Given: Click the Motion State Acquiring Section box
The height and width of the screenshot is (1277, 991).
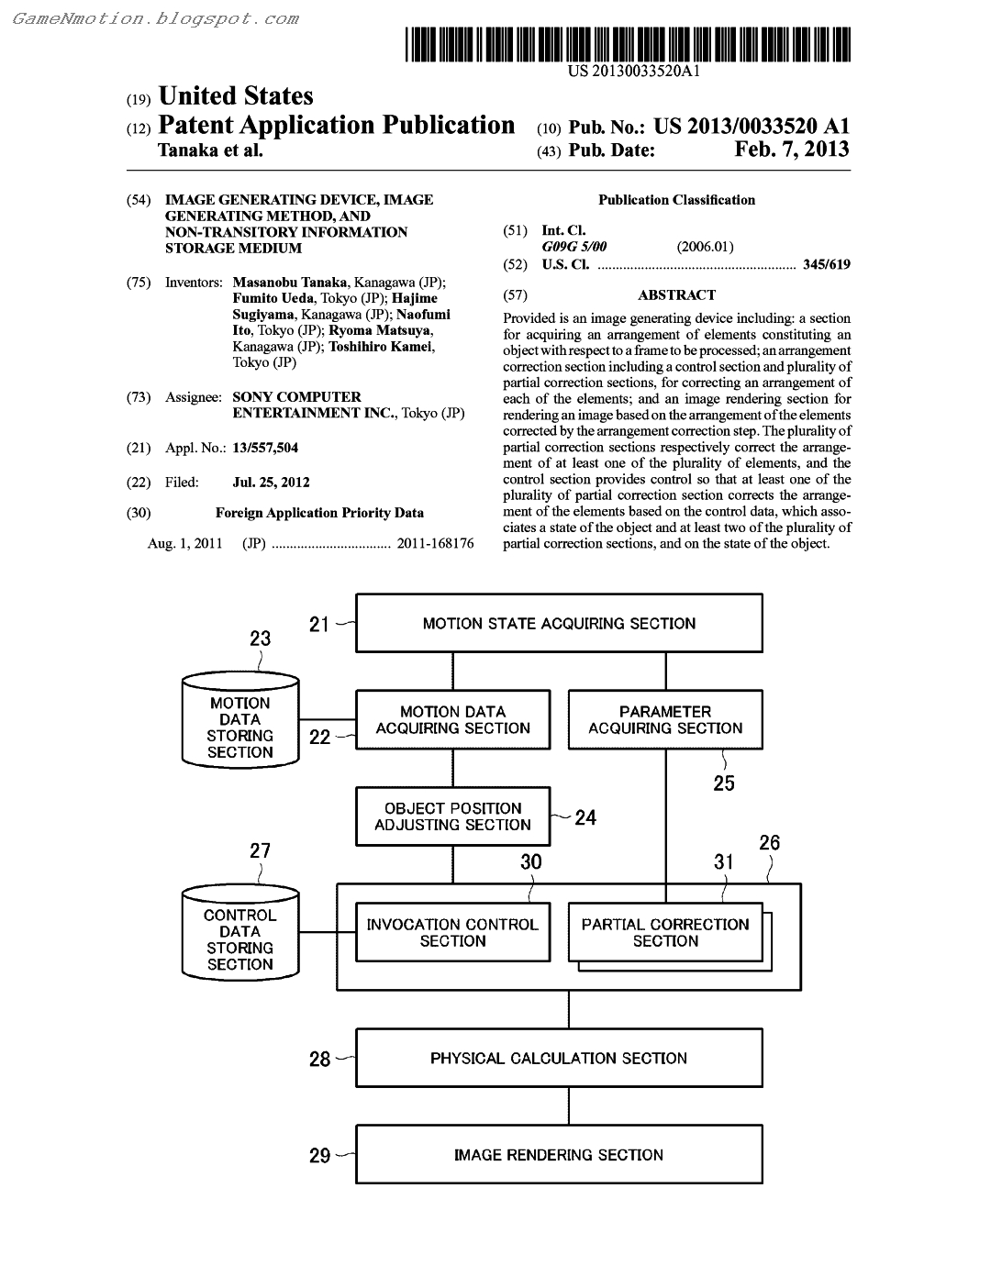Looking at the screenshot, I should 559,623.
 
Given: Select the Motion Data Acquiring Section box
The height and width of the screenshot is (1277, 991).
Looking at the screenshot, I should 452,720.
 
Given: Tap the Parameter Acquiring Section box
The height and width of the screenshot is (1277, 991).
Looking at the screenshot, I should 665,720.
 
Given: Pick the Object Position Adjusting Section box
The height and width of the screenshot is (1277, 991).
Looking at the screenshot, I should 452,816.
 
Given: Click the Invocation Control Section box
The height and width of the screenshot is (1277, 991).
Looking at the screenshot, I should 452,932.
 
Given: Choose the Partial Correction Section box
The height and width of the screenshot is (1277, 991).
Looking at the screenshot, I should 665,932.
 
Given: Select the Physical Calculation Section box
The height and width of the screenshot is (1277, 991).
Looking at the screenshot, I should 559,1058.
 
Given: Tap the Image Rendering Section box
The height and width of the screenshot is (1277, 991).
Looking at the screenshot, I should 559,1155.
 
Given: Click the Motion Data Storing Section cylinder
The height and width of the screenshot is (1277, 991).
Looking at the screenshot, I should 240,727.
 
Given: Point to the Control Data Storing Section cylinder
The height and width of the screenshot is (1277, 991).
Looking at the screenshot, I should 240,939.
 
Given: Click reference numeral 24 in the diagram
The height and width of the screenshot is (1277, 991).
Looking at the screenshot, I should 585,817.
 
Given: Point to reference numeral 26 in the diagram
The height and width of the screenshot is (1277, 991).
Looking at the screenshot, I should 770,842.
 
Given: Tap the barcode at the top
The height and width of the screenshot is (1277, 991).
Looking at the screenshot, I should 628,44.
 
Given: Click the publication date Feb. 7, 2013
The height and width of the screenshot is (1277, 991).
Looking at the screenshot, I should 792,150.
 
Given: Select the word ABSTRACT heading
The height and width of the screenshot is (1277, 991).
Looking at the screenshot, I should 676,295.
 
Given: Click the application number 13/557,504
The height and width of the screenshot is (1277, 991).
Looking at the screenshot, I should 265,448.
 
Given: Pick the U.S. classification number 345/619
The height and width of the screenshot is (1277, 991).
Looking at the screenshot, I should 826,265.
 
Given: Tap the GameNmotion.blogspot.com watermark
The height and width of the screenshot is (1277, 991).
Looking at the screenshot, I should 156,18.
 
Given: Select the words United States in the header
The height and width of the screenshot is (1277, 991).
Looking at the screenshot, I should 236,96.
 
